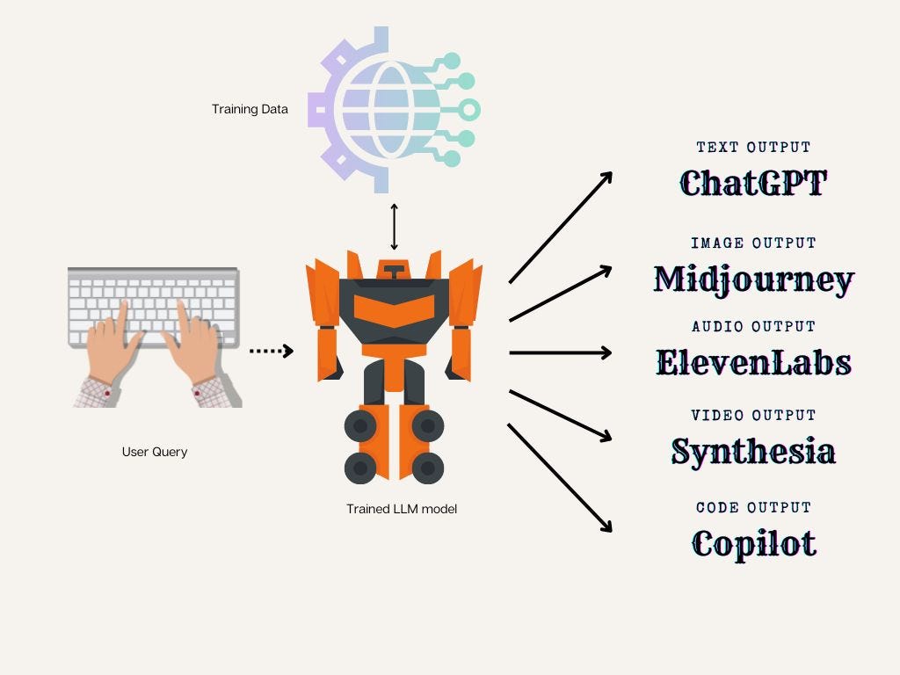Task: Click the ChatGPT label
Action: [x=753, y=183]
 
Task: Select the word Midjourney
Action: [x=754, y=279]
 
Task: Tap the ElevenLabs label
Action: [x=753, y=361]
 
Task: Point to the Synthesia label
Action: [x=753, y=451]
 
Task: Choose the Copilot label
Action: [x=753, y=542]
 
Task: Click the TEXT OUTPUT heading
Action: [x=753, y=148]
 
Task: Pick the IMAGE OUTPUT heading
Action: [x=753, y=243]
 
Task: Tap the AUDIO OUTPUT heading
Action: [x=753, y=326]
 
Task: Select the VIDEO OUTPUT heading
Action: [x=753, y=415]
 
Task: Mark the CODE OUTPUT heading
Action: [x=753, y=507]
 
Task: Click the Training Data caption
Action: [x=250, y=110]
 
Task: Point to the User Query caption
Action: [x=155, y=452]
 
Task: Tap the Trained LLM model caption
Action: [x=402, y=509]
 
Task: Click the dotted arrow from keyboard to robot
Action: [x=271, y=352]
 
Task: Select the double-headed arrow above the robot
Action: [x=394, y=227]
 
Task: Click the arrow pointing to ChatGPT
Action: [x=560, y=227]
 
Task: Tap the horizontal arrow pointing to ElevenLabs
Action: [x=560, y=352]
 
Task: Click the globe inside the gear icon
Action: [x=387, y=108]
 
